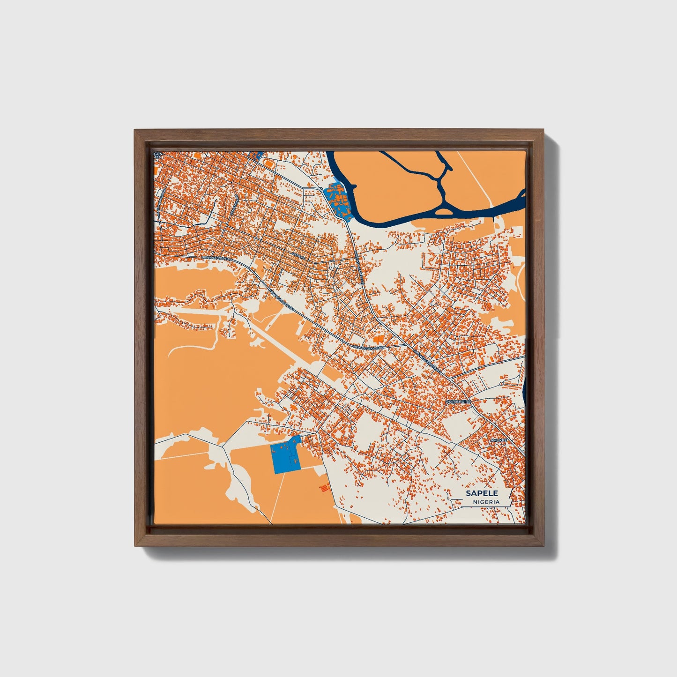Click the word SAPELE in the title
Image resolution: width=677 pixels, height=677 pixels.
[x=482, y=493]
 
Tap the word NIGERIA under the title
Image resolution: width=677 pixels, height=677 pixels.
[x=486, y=502]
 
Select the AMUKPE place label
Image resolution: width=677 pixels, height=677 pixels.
[x=498, y=441]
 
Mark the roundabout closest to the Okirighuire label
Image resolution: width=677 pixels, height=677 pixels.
[x=501, y=384]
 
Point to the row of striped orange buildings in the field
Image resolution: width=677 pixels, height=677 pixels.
[x=323, y=488]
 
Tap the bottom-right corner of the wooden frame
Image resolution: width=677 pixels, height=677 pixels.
[x=544, y=546]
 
